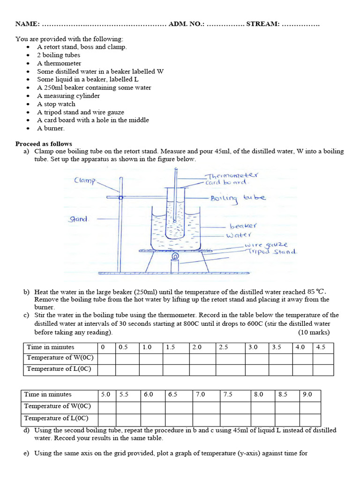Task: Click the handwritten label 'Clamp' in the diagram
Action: click(85, 180)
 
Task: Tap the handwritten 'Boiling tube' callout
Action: click(238, 198)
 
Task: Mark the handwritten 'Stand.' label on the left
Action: click(79, 218)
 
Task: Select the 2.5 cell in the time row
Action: click(223, 347)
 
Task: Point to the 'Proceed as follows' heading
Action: click(44, 143)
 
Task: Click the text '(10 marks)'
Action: click(314, 332)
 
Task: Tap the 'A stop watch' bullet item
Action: click(56, 104)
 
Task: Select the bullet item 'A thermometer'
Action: click(59, 63)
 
